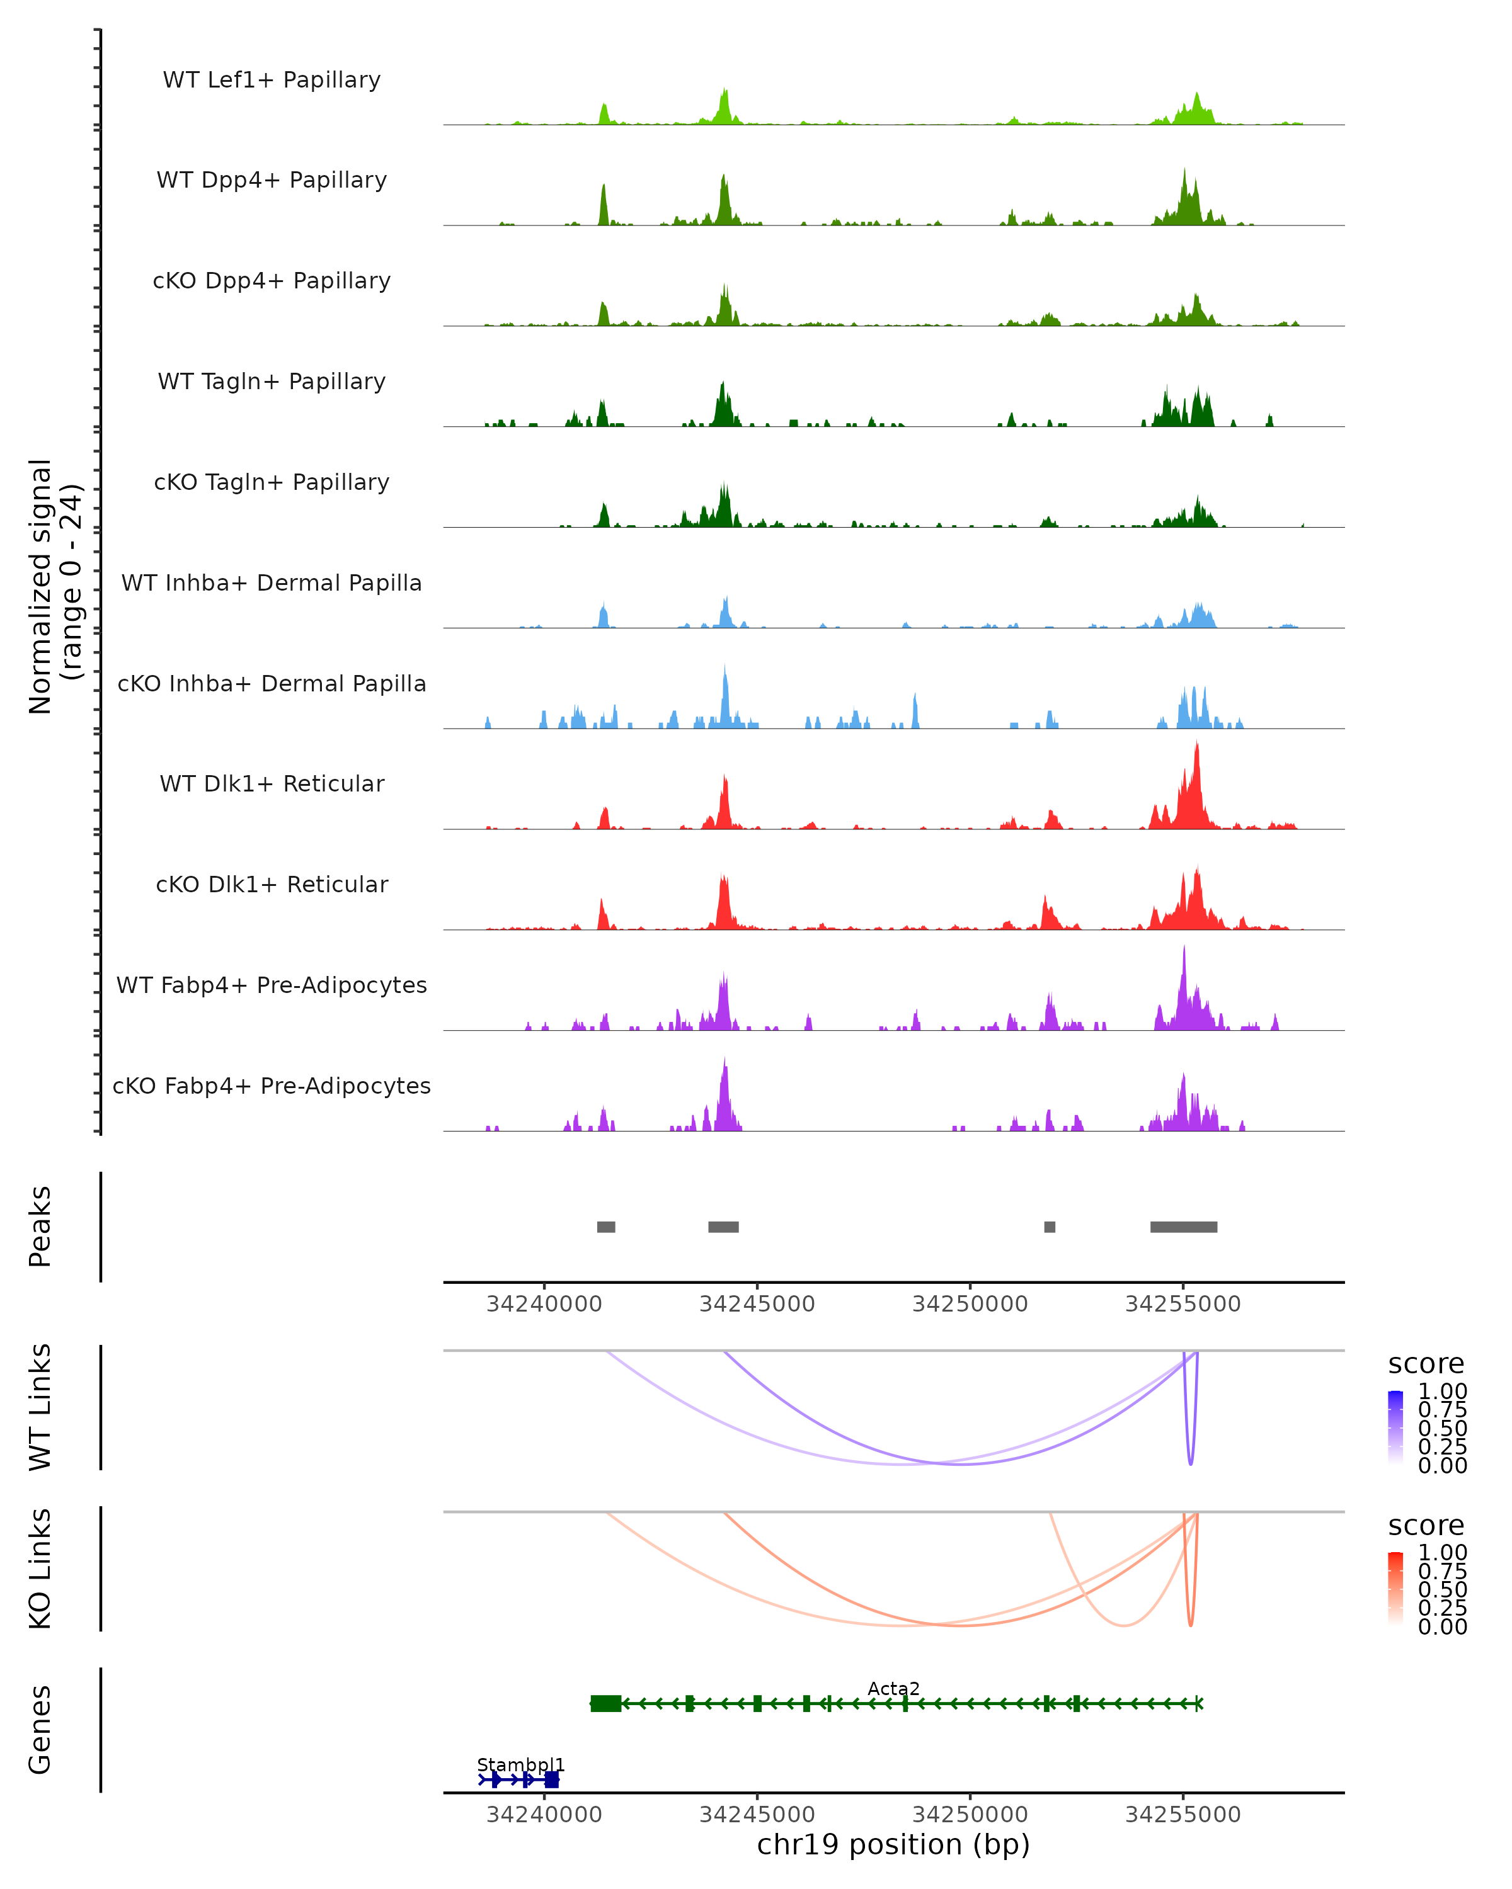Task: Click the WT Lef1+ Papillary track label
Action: coord(272,80)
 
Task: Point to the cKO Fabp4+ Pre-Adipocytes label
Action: coord(272,1086)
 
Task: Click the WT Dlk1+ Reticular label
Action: coord(272,783)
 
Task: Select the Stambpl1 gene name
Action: coord(520,1764)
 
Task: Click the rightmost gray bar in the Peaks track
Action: coord(1183,1227)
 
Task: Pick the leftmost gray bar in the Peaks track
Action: coord(605,1227)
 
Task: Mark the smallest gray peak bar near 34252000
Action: coord(1049,1227)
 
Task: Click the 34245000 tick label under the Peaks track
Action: coord(757,1304)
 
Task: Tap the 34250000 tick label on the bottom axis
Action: coord(970,1815)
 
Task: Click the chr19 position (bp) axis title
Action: coord(893,1845)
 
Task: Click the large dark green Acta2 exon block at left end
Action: coord(605,1703)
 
